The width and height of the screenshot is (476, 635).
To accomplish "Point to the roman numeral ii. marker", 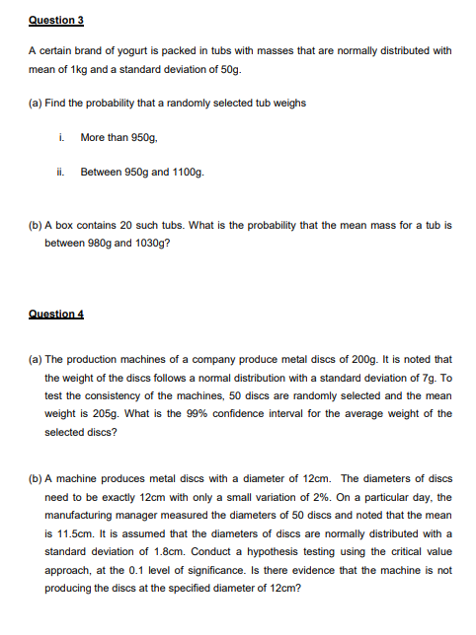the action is tap(61, 172).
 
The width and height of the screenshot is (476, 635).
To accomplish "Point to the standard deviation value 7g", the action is tap(421, 378).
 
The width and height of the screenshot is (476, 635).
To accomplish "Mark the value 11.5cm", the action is tap(70, 534).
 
